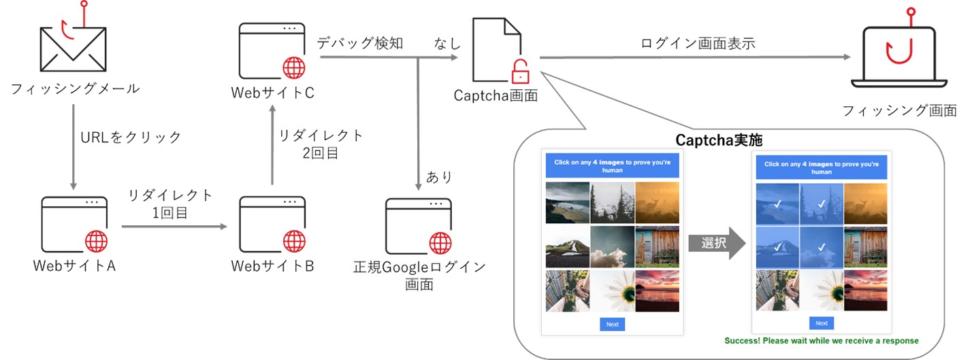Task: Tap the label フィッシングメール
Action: coord(76,88)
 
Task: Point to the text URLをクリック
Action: coord(131,137)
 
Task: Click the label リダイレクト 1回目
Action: coord(171,204)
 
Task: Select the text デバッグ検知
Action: coord(360,44)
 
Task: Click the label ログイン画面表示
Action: coord(698,44)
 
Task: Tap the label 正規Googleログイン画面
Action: coord(419,275)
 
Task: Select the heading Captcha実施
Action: coord(719,140)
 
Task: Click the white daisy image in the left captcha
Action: coord(612,291)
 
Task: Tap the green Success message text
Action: coord(822,340)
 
